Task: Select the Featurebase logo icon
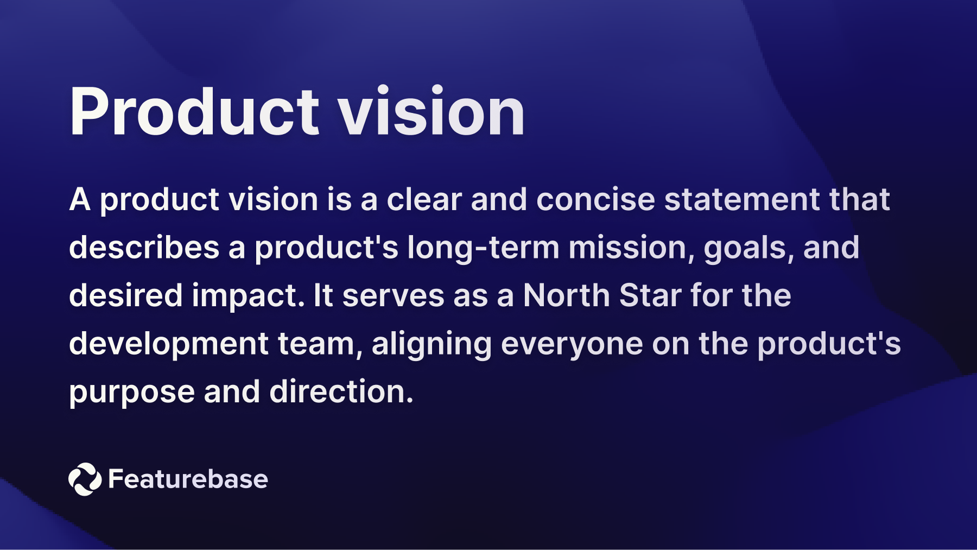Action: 85,479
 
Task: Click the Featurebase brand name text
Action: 188,479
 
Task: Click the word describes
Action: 144,248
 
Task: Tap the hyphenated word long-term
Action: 483,248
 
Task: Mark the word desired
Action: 125,295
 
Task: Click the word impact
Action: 248,296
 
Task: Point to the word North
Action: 566,295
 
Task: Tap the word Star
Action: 650,295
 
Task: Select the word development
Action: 169,344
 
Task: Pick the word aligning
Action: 432,344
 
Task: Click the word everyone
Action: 572,344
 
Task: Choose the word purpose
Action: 131,393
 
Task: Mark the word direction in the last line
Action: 341,391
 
